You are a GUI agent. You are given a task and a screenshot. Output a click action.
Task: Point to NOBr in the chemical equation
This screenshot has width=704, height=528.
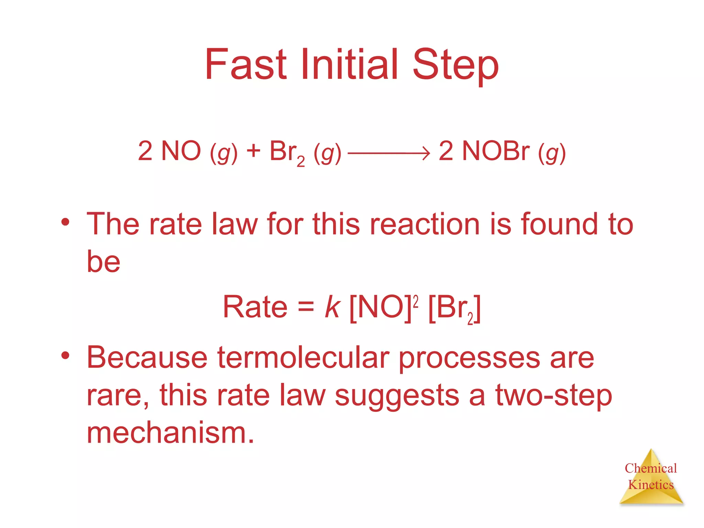tap(495, 151)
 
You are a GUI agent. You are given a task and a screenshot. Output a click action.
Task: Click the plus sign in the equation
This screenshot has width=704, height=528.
tap(253, 151)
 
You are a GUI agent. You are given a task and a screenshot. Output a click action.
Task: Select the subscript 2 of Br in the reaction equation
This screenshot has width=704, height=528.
tap(300, 161)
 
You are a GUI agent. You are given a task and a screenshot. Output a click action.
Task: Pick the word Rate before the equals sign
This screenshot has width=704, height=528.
tap(255, 307)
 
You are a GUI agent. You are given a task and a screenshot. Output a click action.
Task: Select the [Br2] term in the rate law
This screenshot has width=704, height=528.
tap(454, 308)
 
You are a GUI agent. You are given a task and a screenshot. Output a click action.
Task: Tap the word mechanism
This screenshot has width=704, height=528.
tap(170, 432)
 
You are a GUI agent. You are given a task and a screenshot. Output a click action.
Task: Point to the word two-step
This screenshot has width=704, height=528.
tap(553, 395)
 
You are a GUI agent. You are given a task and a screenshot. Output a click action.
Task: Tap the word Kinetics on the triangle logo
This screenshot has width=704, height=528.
tap(651, 485)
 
